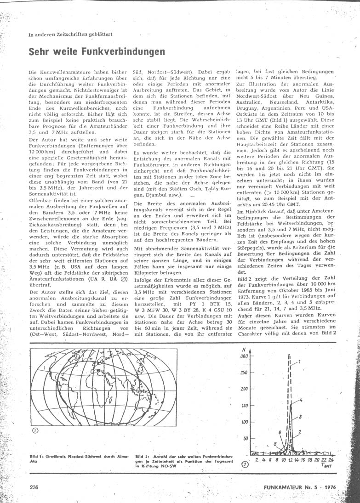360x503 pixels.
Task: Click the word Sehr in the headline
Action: click(x=40, y=52)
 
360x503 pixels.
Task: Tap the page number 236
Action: click(x=34, y=487)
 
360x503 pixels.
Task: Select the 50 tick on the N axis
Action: click(x=246, y=438)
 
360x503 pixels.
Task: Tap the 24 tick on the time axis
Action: click(x=331, y=459)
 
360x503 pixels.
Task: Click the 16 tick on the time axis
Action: click(x=303, y=459)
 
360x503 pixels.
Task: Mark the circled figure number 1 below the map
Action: click(x=35, y=430)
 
